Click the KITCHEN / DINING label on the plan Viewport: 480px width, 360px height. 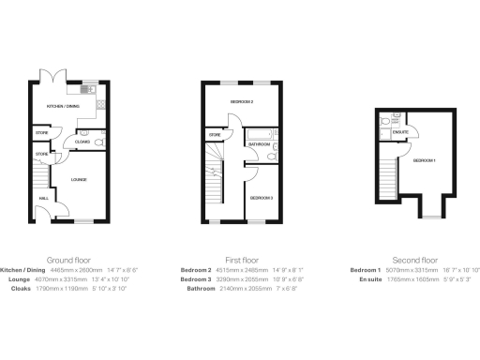coord(65,107)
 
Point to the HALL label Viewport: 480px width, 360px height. coord(43,199)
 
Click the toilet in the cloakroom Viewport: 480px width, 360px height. coord(85,132)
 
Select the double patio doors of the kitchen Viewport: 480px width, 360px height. coord(49,74)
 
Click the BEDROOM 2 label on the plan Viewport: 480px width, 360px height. coord(244,99)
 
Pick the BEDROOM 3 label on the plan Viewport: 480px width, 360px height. coord(260,198)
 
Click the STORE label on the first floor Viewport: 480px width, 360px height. coord(215,135)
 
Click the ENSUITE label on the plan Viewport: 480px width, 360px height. coord(400,132)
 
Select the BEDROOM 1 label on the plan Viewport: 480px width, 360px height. coord(425,160)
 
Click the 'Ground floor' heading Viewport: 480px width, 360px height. coord(68,260)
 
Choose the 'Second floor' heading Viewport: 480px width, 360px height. coord(414,260)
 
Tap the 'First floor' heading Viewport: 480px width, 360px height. coord(242,260)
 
